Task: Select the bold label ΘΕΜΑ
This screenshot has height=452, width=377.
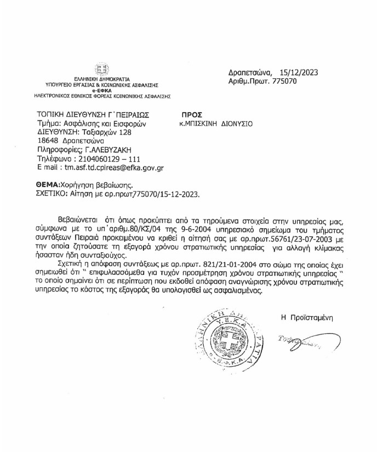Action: click(49, 185)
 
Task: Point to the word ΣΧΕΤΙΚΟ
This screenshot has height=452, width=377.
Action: click(53, 193)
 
